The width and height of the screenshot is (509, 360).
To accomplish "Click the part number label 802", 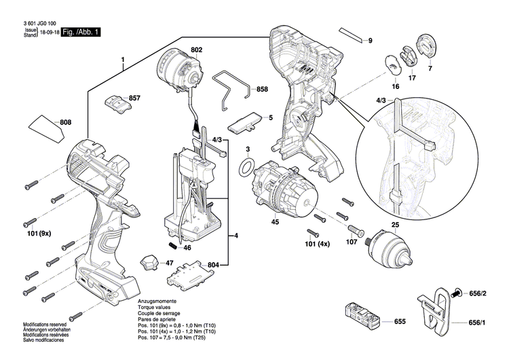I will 196,50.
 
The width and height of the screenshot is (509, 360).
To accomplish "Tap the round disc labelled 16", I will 394,62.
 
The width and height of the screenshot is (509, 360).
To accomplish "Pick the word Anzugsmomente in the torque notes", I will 158,300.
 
